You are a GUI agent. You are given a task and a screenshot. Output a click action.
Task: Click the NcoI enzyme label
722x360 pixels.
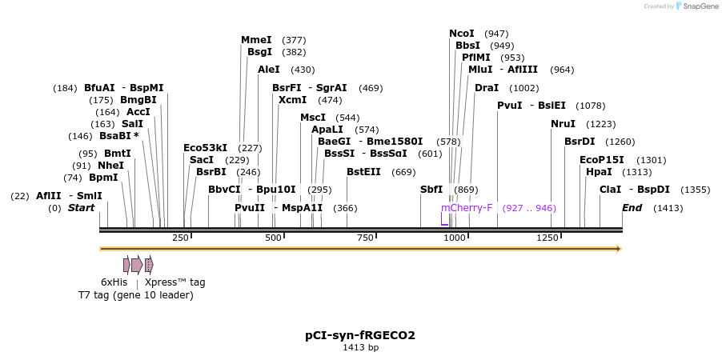tap(461, 34)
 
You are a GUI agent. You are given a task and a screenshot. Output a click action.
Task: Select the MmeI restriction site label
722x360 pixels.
tap(256, 40)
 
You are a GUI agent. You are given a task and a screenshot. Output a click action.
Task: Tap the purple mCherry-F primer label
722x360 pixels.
tap(466, 208)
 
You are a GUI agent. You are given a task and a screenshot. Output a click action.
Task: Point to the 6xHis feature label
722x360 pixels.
tap(114, 282)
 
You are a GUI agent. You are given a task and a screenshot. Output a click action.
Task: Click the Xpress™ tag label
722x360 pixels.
tap(174, 282)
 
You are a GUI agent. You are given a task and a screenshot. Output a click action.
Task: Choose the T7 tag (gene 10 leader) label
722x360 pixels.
tap(135, 295)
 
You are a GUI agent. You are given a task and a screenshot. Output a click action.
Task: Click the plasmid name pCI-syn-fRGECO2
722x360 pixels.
tap(360, 335)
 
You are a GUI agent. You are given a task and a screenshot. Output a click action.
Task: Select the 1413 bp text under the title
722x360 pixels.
tap(360, 348)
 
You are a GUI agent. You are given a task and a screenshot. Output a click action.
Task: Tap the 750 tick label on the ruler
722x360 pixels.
tap(365, 238)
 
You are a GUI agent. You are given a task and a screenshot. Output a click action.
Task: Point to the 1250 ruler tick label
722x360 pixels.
tap(548, 238)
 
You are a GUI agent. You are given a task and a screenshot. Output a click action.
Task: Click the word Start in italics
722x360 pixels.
tap(81, 208)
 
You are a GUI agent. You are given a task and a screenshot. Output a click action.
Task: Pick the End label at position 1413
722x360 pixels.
tap(632, 208)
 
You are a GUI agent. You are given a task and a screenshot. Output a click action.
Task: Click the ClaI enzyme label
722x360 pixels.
tap(610, 190)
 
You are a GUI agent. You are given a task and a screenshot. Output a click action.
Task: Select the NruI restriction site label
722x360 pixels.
tap(563, 124)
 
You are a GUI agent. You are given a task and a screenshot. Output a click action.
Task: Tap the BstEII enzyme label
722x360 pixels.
tap(363, 172)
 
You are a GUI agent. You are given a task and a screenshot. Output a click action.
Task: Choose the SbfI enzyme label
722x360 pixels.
tap(431, 190)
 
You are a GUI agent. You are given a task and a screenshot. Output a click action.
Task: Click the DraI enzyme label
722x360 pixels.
tap(487, 88)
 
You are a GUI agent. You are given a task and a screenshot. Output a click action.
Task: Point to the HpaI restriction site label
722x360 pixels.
tap(599, 172)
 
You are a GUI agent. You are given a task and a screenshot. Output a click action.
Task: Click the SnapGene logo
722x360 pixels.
tap(695, 6)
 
